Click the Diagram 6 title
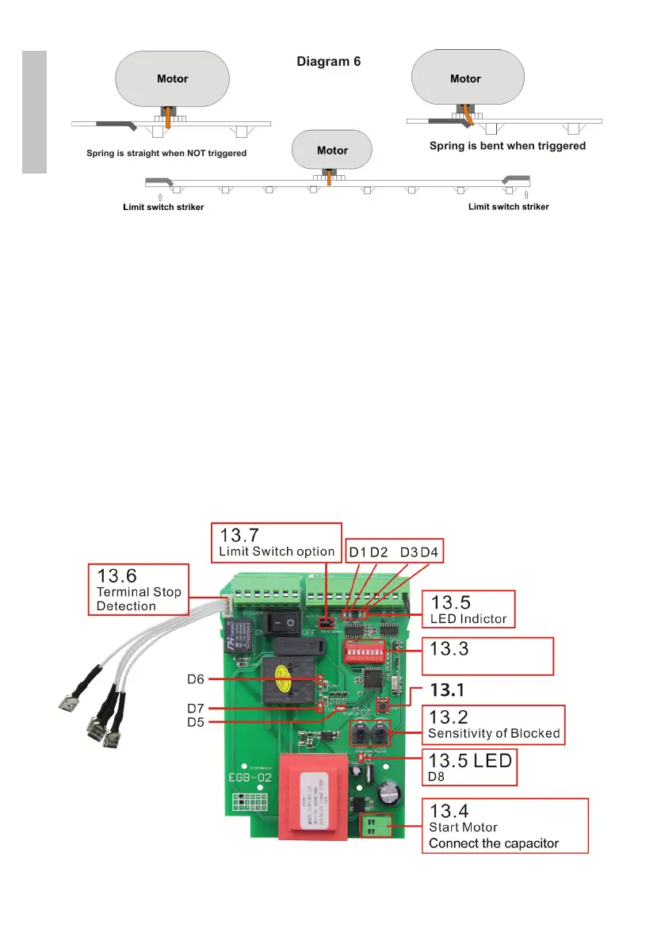point(328,61)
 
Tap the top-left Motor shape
point(173,78)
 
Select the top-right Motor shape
point(465,78)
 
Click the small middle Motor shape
point(332,150)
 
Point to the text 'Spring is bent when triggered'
point(507,146)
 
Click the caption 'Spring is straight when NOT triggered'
point(166,153)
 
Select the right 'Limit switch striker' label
point(508,207)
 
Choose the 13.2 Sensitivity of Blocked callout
point(493,724)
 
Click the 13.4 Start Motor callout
point(504,825)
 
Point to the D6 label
point(196,678)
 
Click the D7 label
point(196,707)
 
